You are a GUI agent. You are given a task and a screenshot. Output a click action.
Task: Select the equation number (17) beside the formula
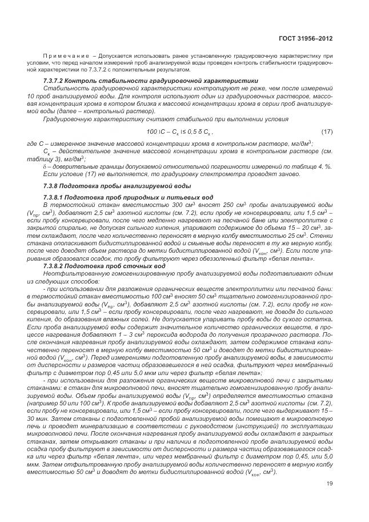(327, 132)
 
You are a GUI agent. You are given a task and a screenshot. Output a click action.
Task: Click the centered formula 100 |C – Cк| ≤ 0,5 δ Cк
(174, 132)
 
